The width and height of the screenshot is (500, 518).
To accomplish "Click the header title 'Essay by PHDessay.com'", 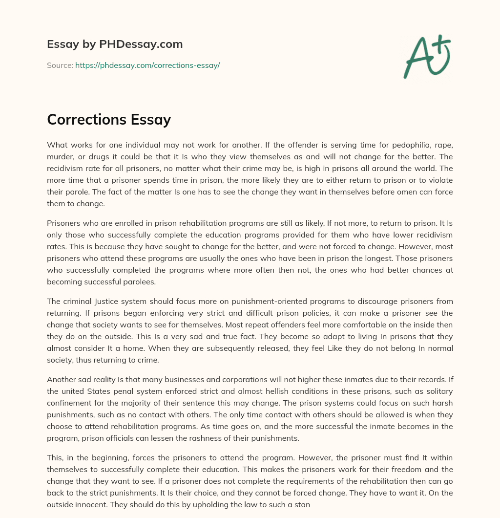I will (115, 44).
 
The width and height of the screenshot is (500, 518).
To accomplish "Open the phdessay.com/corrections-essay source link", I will (147, 65).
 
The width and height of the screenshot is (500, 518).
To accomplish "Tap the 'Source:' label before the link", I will (60, 65).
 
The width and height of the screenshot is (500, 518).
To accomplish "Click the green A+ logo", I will (426, 57).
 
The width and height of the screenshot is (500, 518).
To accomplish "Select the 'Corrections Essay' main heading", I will (109, 119).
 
